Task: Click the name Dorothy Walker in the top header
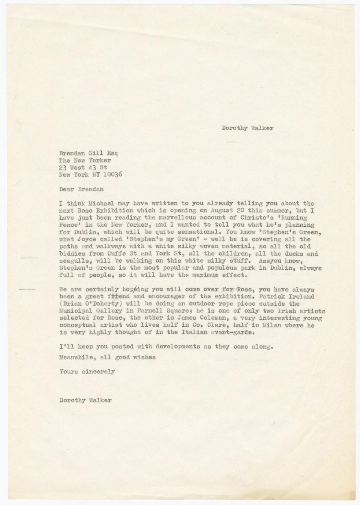[x=247, y=128]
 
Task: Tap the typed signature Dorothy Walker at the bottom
[x=85, y=400]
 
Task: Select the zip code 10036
[x=112, y=175]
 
